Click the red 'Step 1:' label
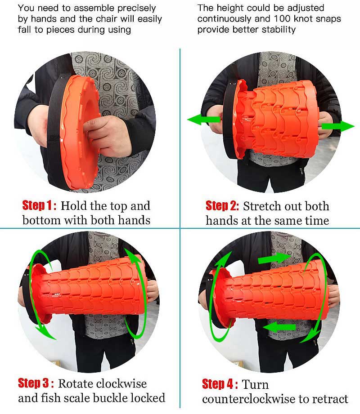click(40, 206)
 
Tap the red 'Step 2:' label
click(222, 206)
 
